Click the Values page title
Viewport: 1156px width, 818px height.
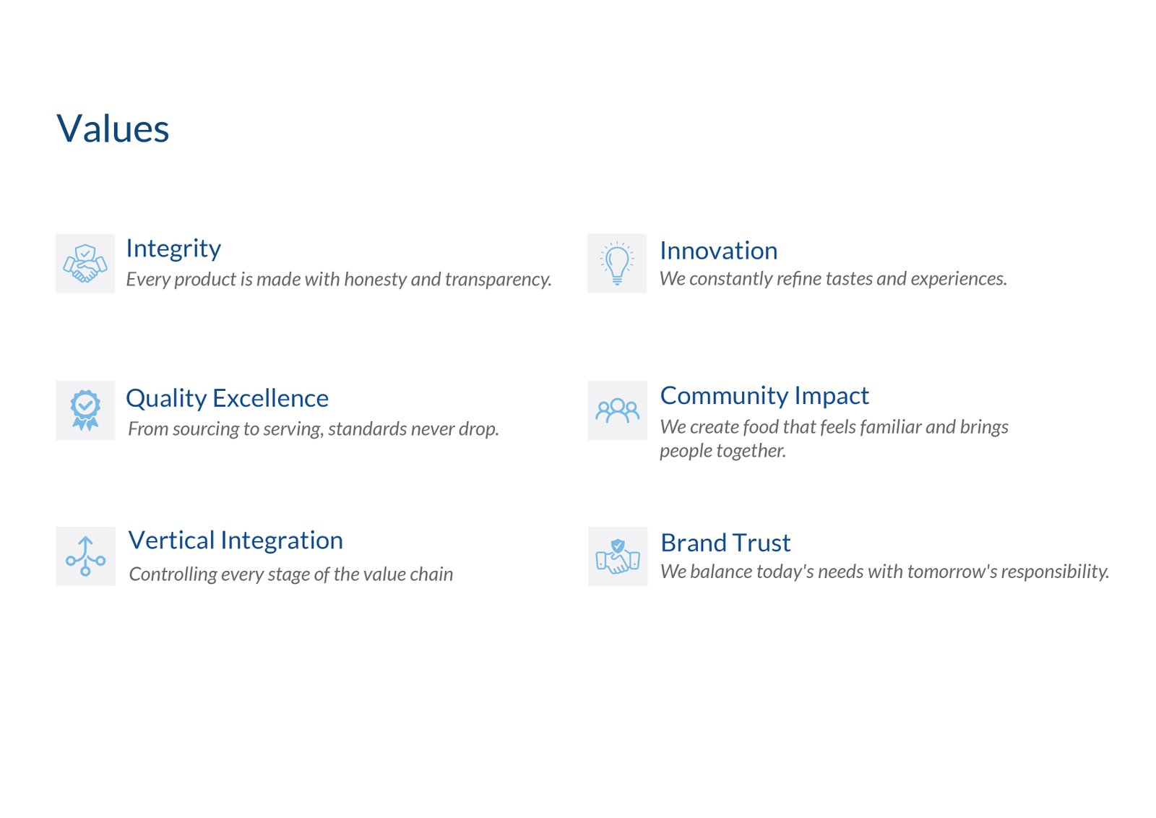click(113, 129)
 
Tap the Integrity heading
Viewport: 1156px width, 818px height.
click(173, 249)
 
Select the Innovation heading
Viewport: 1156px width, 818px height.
click(718, 251)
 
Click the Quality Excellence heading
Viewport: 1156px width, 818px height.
click(227, 399)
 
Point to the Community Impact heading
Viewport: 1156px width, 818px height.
click(764, 397)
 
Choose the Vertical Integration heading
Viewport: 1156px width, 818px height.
click(236, 541)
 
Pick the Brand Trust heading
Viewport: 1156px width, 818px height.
click(725, 543)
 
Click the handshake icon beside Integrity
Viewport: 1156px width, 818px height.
click(85, 264)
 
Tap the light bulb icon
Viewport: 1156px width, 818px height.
click(617, 263)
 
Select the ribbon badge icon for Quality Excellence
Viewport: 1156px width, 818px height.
click(85, 410)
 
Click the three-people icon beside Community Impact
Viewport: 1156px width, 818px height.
click(617, 410)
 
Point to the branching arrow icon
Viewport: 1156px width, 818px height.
click(86, 556)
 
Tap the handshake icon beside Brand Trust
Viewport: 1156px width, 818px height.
click(618, 556)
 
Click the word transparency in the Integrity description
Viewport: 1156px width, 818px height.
click(498, 280)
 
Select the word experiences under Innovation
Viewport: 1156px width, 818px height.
click(958, 279)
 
